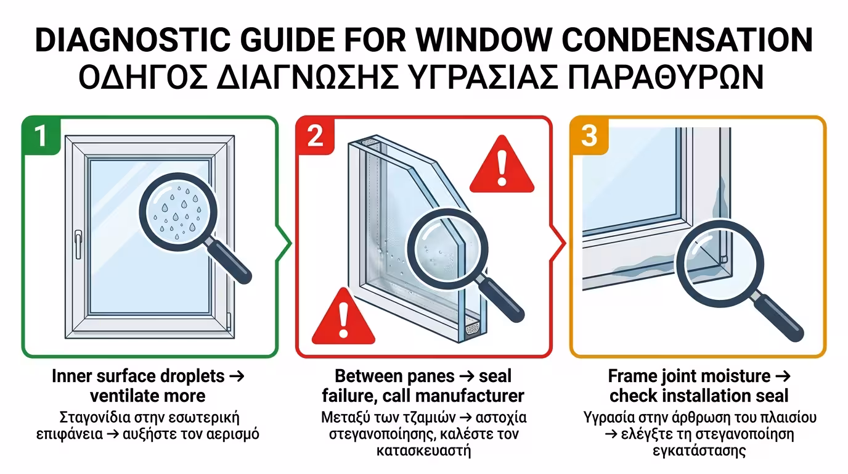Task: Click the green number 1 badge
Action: pyautogui.click(x=41, y=135)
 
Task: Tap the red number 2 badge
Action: pyautogui.click(x=315, y=135)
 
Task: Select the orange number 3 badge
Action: pyautogui.click(x=589, y=135)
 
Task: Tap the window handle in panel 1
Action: pyautogui.click(x=78, y=244)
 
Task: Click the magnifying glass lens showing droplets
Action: pyautogui.click(x=178, y=212)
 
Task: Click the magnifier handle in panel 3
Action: pyautogui.click(x=778, y=318)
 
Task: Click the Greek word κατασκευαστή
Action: pyautogui.click(x=423, y=451)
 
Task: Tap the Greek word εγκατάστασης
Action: pyautogui.click(x=699, y=451)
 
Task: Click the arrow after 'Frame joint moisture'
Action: pyautogui.click(x=783, y=376)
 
